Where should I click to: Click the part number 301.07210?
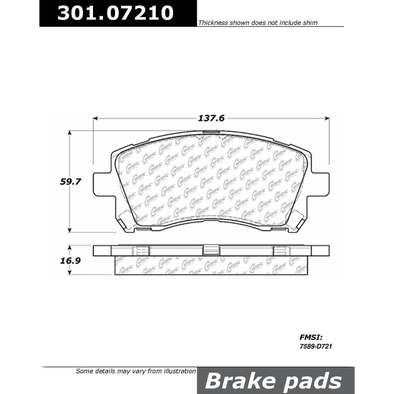pyautogui.click(x=115, y=13)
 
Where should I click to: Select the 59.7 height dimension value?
pyautogui.click(x=70, y=182)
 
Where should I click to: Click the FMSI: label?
pyautogui.click(x=311, y=338)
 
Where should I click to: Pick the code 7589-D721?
pyautogui.click(x=316, y=347)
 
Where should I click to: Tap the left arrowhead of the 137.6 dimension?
pyautogui.click(x=95, y=118)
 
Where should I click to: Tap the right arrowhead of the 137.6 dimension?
pyautogui.click(x=327, y=118)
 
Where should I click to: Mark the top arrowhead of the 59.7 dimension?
pyautogui.click(x=70, y=133)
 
